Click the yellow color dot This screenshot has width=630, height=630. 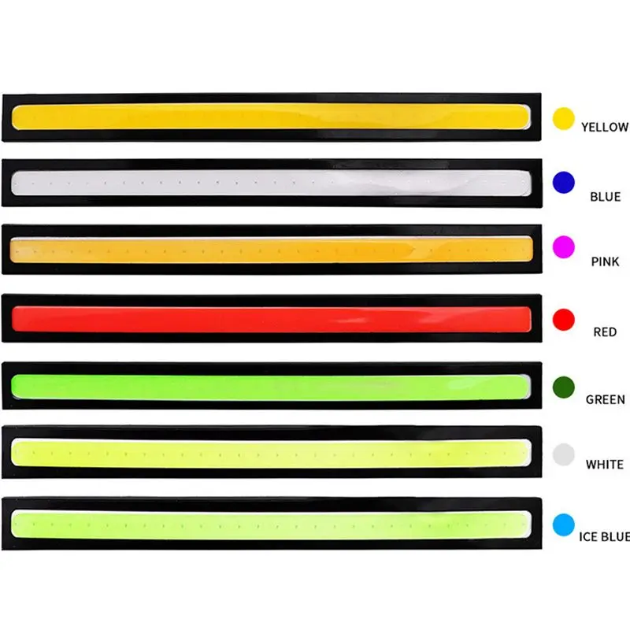tap(563, 118)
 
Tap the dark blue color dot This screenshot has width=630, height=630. tap(563, 183)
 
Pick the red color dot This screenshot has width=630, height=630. tap(563, 320)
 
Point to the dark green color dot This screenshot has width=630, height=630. tap(563, 387)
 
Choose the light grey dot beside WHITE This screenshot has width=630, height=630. tap(563, 454)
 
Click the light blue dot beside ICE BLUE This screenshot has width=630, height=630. tap(563, 524)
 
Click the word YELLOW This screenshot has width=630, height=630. tap(604, 127)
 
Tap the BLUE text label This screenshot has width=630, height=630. tap(605, 197)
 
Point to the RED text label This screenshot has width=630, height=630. tap(605, 332)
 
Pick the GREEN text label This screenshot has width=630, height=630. tap(605, 399)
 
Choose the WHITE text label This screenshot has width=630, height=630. tap(605, 465)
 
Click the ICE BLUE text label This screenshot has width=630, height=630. tap(604, 537)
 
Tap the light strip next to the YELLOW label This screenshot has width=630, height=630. tap(272, 116)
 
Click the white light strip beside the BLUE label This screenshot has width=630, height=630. tap(272, 183)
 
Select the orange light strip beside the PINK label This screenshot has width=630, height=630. tap(272, 250)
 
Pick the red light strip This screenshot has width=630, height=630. tap(272, 319)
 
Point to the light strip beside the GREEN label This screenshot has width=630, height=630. tap(272, 386)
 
